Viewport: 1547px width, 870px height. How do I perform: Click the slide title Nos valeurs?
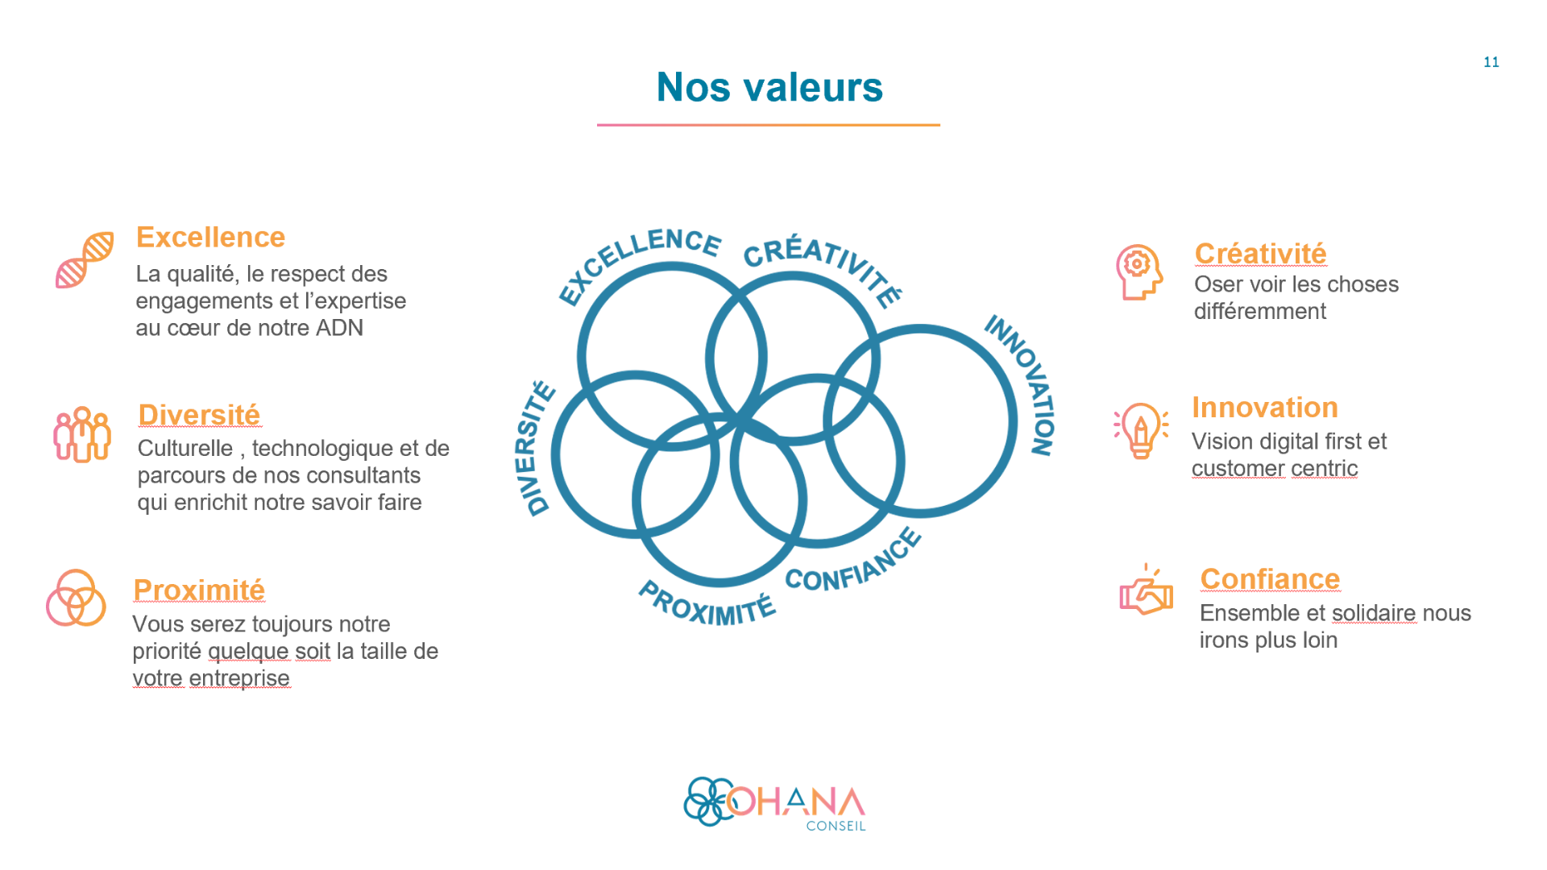[x=769, y=87]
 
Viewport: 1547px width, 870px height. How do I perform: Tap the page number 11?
[x=1491, y=62]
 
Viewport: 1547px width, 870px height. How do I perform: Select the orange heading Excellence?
[x=210, y=237]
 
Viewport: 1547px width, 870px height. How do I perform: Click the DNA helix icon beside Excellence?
[x=85, y=259]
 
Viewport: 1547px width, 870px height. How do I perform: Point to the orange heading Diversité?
[x=199, y=415]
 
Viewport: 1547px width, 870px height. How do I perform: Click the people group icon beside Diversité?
[x=82, y=434]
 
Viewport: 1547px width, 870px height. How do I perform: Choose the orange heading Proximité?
[x=199, y=590]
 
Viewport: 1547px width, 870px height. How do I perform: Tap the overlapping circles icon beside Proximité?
[x=76, y=598]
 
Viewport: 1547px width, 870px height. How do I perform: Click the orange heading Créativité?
[x=1260, y=253]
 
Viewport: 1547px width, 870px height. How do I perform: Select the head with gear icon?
[x=1139, y=272]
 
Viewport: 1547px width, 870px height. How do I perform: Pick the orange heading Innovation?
[x=1265, y=408]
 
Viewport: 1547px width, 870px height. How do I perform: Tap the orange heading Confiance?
[x=1270, y=579]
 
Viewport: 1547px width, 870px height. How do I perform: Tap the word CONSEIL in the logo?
[x=836, y=826]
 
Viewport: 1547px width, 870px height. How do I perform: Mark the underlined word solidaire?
[x=1374, y=613]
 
